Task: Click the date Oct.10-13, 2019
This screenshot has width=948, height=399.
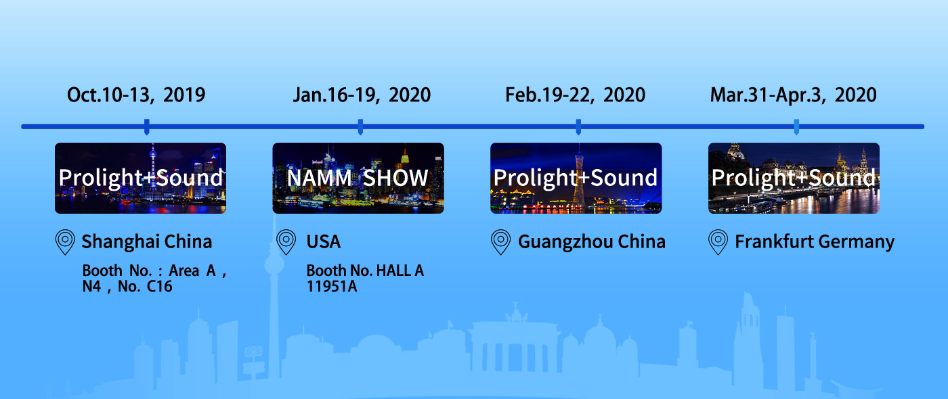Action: [x=136, y=95]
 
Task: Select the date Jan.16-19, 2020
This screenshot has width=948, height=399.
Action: [x=362, y=95]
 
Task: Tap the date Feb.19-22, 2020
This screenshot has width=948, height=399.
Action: [x=575, y=95]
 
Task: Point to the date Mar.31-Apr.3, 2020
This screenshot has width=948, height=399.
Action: [x=793, y=95]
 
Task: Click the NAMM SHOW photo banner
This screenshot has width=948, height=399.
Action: [x=358, y=178]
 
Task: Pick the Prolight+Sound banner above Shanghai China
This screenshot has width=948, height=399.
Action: [x=141, y=178]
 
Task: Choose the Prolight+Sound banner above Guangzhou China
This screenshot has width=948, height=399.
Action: [x=576, y=178]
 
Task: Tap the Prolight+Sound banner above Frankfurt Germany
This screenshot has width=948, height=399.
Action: [x=794, y=178]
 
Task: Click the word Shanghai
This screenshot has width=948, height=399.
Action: [x=121, y=242]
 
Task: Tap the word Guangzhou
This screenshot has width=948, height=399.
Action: [x=565, y=242]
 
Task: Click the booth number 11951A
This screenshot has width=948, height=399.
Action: [x=332, y=287]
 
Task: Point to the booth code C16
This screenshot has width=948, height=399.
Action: [x=160, y=287]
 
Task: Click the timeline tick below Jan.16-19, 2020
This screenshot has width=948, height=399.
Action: [x=360, y=127]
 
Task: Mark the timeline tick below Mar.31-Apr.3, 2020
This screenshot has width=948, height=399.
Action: [x=796, y=127]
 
